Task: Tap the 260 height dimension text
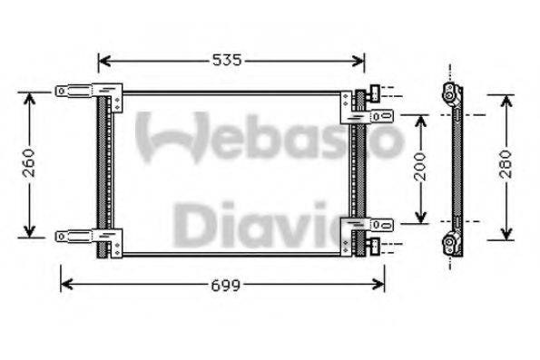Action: coord(29,164)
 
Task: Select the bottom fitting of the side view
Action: coord(451,241)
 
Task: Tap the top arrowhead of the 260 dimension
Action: coord(29,96)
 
